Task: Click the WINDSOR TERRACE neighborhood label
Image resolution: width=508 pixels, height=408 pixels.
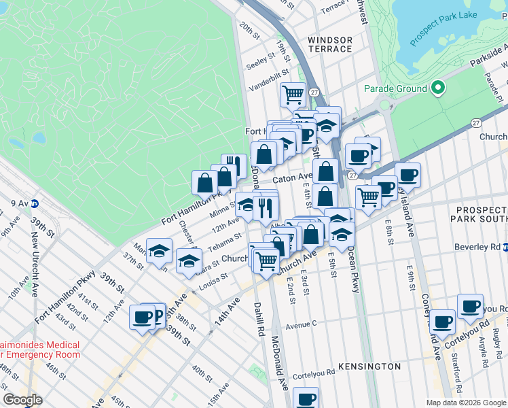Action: click(330, 45)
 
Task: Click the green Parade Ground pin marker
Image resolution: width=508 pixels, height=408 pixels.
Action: click(438, 88)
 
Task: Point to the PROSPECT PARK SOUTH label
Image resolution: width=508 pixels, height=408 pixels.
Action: click(478, 214)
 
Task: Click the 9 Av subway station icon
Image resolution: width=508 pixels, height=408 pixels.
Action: click(35, 203)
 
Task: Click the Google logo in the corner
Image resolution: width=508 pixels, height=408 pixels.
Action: click(22, 400)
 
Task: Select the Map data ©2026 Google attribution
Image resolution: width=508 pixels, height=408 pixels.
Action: click(465, 403)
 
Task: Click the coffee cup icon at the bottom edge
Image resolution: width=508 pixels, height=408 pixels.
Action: click(306, 397)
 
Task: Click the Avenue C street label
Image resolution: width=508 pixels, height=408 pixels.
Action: click(303, 326)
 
